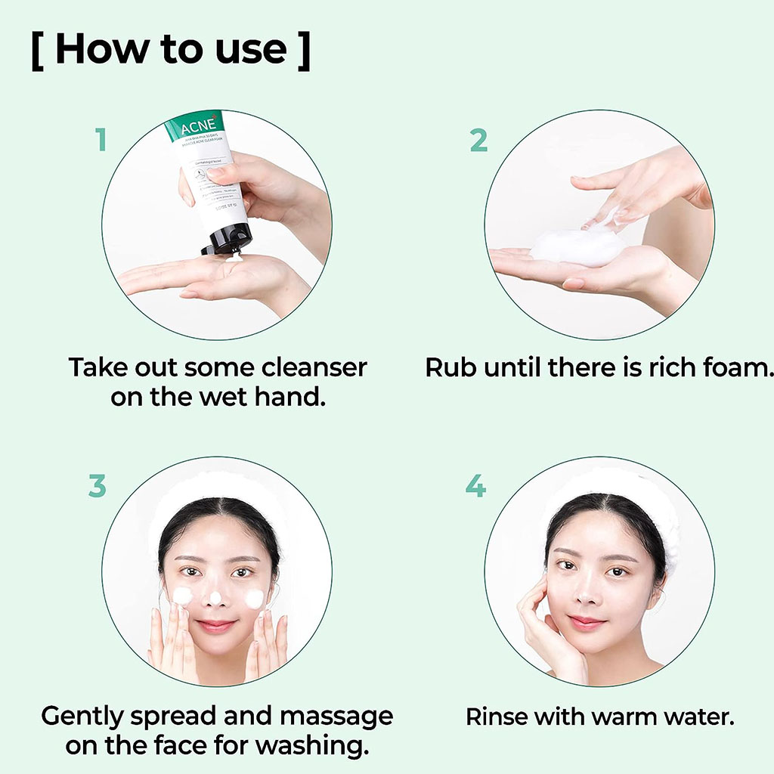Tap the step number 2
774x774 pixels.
point(478,140)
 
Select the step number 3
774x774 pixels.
point(97,486)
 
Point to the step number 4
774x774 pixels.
point(475,486)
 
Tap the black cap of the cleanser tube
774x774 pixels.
point(224,240)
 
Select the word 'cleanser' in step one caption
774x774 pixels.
point(314,368)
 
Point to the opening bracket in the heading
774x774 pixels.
point(38,51)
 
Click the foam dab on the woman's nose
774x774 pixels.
point(215,598)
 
